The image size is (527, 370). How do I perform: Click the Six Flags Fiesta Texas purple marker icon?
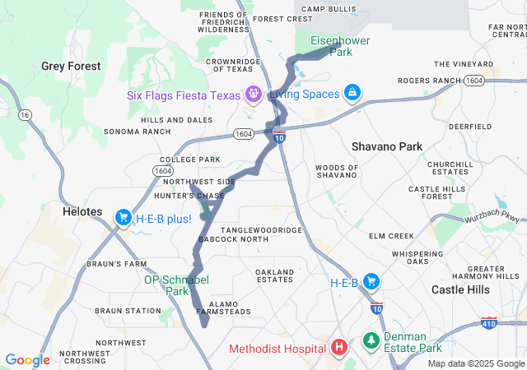(x=252, y=95)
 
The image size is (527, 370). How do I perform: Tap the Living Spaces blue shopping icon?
(x=352, y=93)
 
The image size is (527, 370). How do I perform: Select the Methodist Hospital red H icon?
(x=338, y=348)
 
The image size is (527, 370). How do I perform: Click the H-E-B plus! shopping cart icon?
(x=124, y=218)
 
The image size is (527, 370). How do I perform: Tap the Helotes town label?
(x=82, y=212)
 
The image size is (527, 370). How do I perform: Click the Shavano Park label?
(x=386, y=146)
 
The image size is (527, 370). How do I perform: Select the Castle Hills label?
(x=461, y=290)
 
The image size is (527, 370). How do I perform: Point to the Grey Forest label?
(x=71, y=66)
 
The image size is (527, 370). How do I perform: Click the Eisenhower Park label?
(x=340, y=45)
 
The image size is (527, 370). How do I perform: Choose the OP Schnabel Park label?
(x=173, y=284)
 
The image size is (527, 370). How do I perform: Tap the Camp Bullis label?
(x=329, y=9)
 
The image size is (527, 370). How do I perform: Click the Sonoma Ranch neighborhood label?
(x=137, y=132)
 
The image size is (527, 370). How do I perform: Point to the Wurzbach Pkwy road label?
(x=497, y=218)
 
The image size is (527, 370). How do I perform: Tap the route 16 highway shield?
(x=26, y=114)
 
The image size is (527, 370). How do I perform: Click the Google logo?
(x=27, y=360)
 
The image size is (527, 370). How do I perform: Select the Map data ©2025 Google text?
(x=476, y=363)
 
